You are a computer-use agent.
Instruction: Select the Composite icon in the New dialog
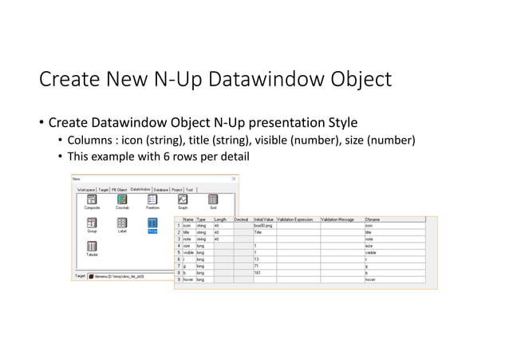coord(92,200)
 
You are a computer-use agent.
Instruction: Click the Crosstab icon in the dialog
coord(122,200)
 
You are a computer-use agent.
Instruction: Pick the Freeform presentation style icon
coord(152,200)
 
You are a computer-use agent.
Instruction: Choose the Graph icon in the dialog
coord(183,200)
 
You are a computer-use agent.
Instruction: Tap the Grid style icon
coord(213,200)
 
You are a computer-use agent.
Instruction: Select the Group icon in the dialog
coord(92,224)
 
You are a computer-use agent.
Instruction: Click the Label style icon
coord(122,224)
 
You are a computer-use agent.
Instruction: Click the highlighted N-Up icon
coord(152,224)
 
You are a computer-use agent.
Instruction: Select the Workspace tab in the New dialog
coord(85,189)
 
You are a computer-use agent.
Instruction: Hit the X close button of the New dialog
coord(234,179)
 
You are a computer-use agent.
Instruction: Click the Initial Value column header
coord(264,218)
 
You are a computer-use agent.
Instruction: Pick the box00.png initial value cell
coord(264,225)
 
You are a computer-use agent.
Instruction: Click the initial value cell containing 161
coord(264,273)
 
